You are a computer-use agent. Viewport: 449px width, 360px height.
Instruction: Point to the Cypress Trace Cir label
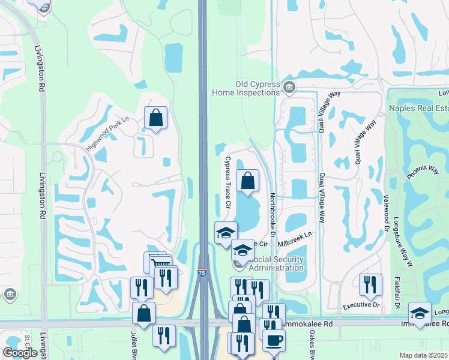tap(228, 182)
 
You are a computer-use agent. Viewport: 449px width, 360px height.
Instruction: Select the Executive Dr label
tap(361, 305)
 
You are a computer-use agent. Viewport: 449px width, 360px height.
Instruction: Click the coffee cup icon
tap(274, 340)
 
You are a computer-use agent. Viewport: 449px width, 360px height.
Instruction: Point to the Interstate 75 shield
tap(202, 272)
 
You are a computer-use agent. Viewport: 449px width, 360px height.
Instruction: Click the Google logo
tap(20, 352)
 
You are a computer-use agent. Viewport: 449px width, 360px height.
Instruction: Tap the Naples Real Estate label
tap(418, 108)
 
